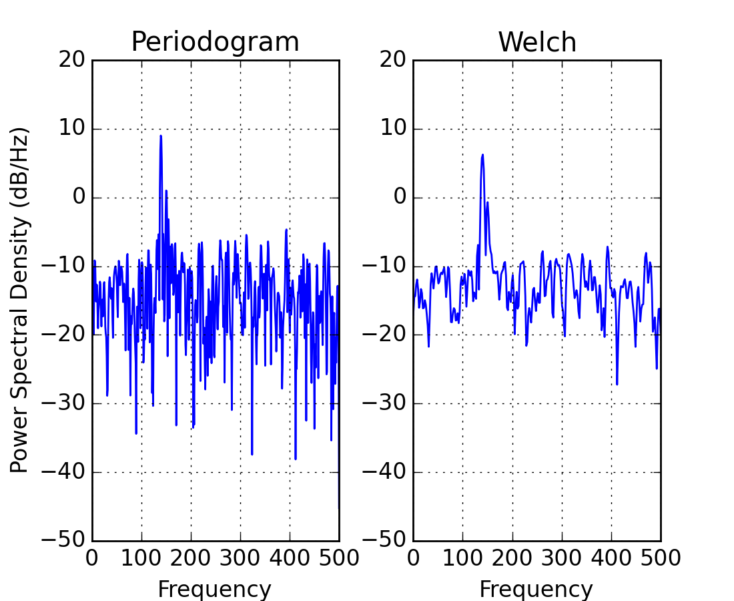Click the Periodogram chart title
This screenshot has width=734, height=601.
point(215,42)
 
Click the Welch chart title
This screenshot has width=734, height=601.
point(537,42)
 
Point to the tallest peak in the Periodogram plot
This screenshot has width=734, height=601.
point(161,136)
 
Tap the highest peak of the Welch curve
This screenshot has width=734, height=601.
point(482,155)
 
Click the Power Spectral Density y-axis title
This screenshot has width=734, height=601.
point(21,300)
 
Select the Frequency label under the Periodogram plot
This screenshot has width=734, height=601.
point(215,590)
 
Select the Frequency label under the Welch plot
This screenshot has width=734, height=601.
point(536,590)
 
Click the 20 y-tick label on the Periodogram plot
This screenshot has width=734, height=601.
point(73,60)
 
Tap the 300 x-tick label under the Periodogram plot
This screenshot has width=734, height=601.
point(240,558)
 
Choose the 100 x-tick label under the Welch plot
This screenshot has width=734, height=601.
point(462,558)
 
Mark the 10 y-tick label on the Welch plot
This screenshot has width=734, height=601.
point(393,129)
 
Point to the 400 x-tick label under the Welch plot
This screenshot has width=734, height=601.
point(611,558)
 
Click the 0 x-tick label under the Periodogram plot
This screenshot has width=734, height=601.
point(93,558)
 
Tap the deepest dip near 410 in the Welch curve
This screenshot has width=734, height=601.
point(617,384)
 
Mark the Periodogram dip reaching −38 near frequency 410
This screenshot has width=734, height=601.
point(295,459)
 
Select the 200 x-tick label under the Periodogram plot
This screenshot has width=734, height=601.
point(191,558)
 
